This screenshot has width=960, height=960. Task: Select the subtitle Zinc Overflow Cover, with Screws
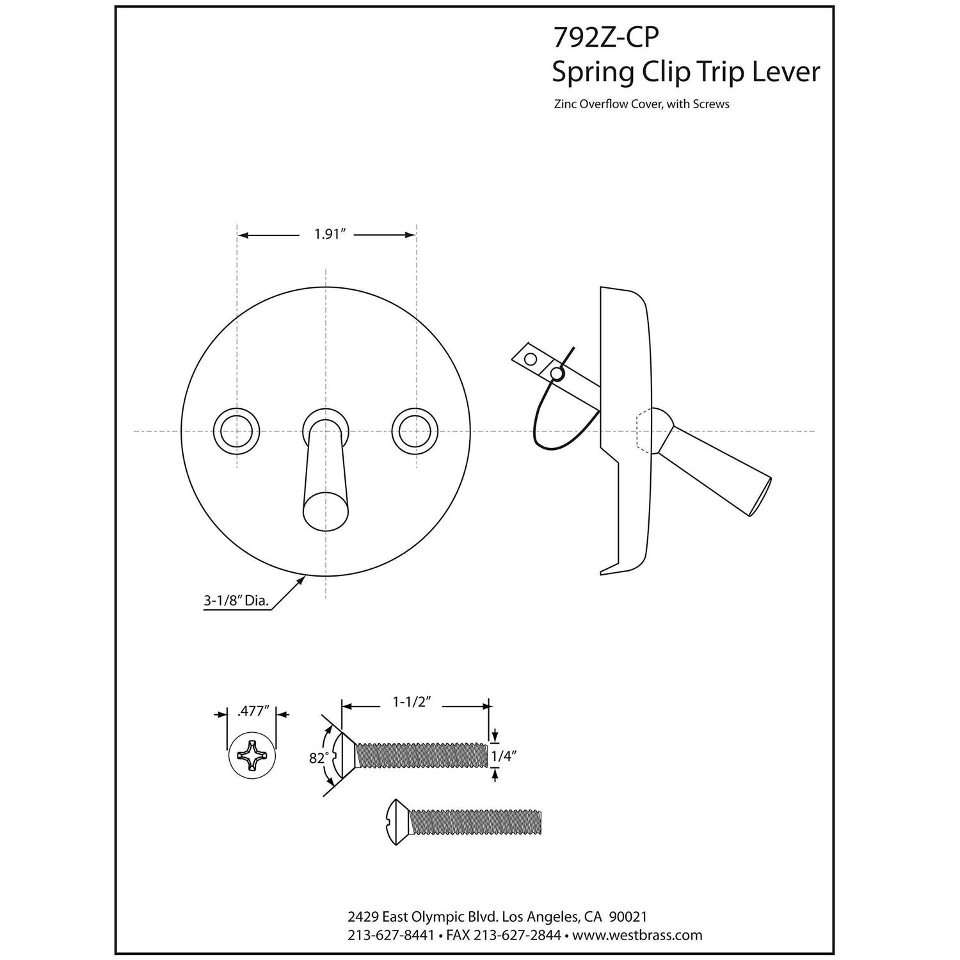click(x=641, y=104)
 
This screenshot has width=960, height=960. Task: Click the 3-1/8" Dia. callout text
click(x=236, y=600)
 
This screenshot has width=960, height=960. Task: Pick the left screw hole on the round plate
click(x=237, y=431)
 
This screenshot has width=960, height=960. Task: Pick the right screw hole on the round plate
click(x=416, y=431)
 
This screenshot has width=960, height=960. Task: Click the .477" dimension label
click(x=252, y=712)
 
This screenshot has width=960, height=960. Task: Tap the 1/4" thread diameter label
click(x=504, y=756)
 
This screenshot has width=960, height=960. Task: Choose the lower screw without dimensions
click(x=466, y=822)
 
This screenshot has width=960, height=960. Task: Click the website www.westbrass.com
click(x=637, y=935)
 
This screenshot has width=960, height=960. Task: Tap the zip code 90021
click(x=630, y=916)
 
